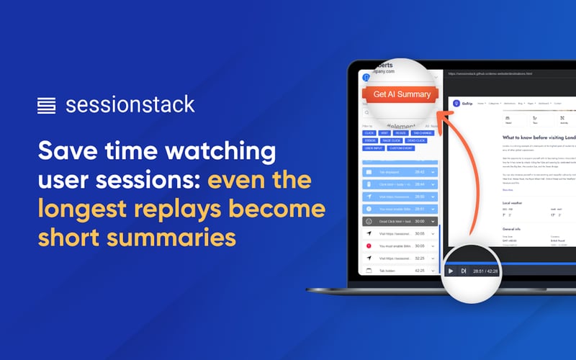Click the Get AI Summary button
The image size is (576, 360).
pos(401,94)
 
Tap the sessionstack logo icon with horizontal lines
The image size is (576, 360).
pos(46,105)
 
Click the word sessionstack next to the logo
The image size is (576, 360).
pos(130,105)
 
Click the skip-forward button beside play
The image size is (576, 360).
pos(463,271)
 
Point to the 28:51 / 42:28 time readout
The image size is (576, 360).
pos(485,271)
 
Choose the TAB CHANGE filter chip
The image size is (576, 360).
pos(423,132)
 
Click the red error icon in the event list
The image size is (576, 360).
pos(369,246)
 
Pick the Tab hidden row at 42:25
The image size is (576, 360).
pos(400,271)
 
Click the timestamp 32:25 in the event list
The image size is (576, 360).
pos(420,258)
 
